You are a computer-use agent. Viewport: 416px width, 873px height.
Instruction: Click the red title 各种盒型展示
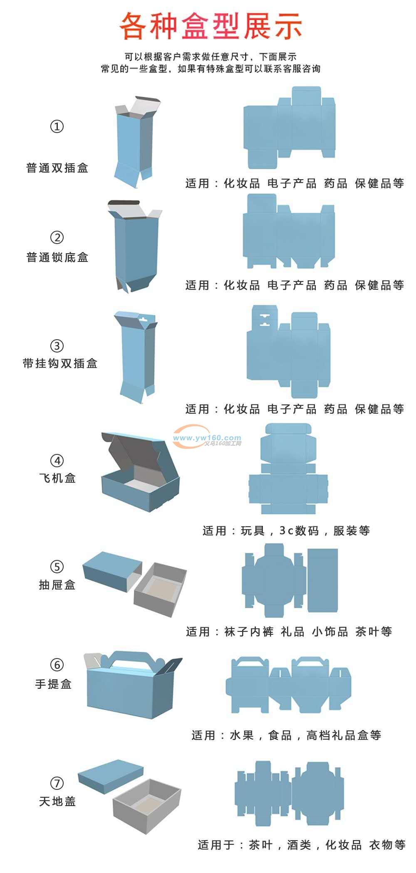click(211, 26)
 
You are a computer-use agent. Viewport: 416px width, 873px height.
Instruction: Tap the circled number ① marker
click(57, 126)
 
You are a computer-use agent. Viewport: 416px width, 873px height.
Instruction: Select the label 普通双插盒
click(57, 168)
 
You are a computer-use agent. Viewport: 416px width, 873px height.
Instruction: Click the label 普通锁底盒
click(57, 257)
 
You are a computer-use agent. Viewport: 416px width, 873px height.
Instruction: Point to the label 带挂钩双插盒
click(60, 363)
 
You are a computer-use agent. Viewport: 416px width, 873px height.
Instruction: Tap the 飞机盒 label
click(57, 478)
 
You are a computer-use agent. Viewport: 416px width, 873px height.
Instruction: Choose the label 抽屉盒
click(57, 585)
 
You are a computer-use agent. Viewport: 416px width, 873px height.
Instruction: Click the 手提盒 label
click(54, 684)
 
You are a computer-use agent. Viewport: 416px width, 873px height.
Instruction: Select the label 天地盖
click(57, 801)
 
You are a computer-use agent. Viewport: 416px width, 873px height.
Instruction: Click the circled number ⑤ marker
click(57, 566)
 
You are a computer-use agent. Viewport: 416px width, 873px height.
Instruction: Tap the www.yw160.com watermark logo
click(207, 438)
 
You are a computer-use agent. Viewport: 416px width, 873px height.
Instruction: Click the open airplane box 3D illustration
click(141, 471)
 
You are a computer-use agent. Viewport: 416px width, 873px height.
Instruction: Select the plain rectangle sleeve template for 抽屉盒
click(322, 580)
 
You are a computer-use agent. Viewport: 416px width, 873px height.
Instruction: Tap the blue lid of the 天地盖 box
click(111, 775)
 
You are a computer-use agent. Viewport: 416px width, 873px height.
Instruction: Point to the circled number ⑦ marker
click(57, 783)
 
